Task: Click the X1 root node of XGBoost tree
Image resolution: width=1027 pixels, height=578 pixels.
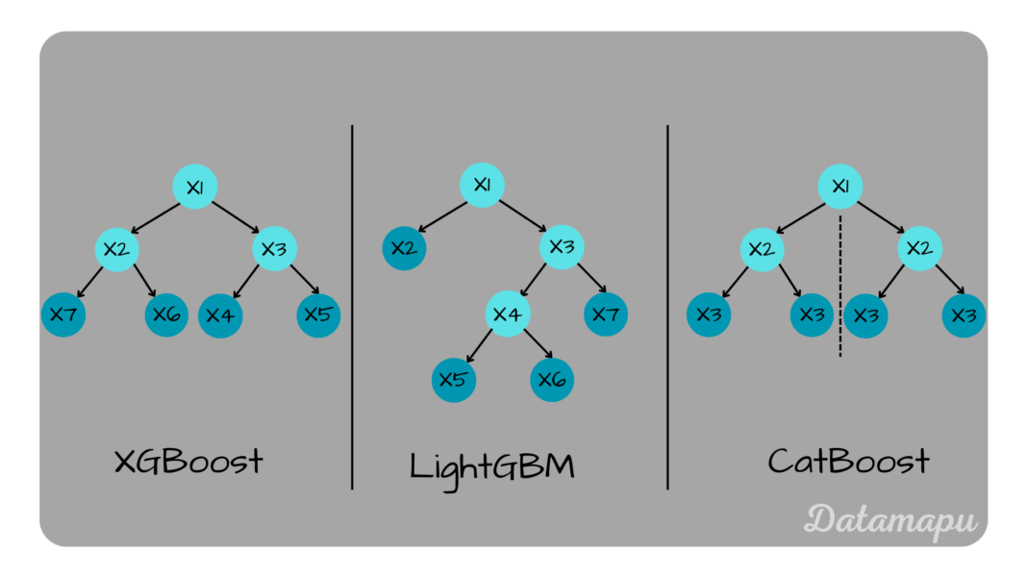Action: (195, 187)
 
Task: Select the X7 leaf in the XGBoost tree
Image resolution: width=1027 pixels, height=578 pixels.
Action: (63, 314)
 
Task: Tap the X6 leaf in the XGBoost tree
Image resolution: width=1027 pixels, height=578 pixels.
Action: (167, 314)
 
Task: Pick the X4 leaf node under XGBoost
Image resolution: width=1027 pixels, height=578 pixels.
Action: (220, 314)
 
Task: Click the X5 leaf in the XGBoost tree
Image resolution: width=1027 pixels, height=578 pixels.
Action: (318, 314)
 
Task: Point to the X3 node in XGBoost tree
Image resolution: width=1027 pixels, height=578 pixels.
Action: (274, 250)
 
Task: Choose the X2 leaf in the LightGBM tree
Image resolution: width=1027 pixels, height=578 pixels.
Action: (405, 248)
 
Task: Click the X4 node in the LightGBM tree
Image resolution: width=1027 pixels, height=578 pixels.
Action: (508, 314)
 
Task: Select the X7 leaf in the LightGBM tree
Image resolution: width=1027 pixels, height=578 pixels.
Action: (606, 314)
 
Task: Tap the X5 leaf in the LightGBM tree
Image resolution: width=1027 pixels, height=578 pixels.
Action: (453, 379)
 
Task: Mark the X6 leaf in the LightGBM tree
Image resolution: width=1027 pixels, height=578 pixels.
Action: (552, 379)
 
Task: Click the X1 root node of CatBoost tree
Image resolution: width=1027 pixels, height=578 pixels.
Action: (840, 186)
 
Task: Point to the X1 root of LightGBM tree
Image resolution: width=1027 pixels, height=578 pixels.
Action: (483, 185)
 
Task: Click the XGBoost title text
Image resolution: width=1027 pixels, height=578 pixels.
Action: (188, 462)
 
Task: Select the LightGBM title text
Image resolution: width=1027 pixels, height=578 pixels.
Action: (491, 465)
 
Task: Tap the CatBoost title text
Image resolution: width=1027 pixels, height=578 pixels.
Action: (848, 462)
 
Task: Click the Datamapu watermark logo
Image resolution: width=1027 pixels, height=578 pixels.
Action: (889, 519)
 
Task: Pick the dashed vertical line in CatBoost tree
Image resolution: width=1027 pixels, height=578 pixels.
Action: (840, 289)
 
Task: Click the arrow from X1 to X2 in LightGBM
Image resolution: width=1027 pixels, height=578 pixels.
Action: (442, 214)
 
